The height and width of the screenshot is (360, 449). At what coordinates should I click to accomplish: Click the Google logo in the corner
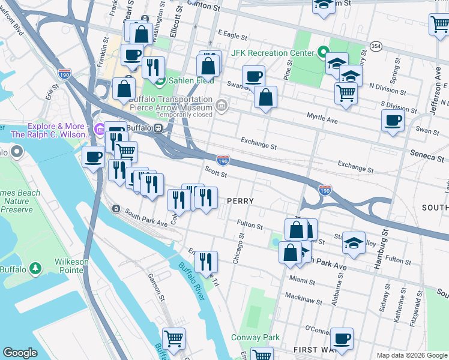[x=20, y=353]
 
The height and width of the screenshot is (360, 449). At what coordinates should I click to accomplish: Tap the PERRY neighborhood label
[x=240, y=200]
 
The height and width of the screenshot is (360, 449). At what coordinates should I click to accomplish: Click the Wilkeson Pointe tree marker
[x=35, y=267]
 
